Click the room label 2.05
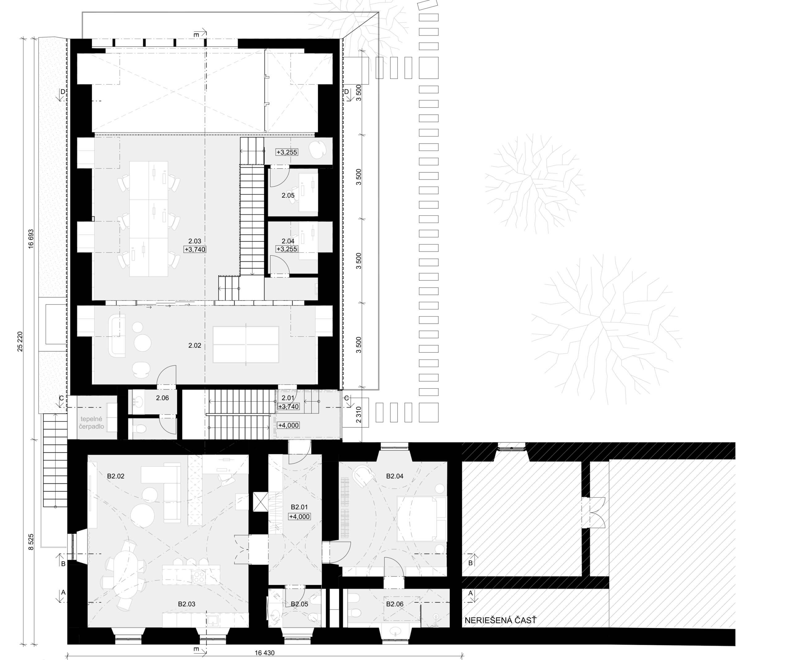[288, 195]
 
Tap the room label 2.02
[194, 345]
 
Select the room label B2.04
[395, 476]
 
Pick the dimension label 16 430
[264, 653]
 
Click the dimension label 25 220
[20, 342]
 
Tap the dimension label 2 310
[359, 415]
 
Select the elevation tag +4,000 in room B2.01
[299, 517]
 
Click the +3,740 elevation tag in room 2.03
[195, 249]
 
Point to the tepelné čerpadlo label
[91, 423]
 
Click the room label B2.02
[115, 476]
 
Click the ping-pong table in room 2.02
[246, 344]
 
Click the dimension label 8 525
[31, 542]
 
